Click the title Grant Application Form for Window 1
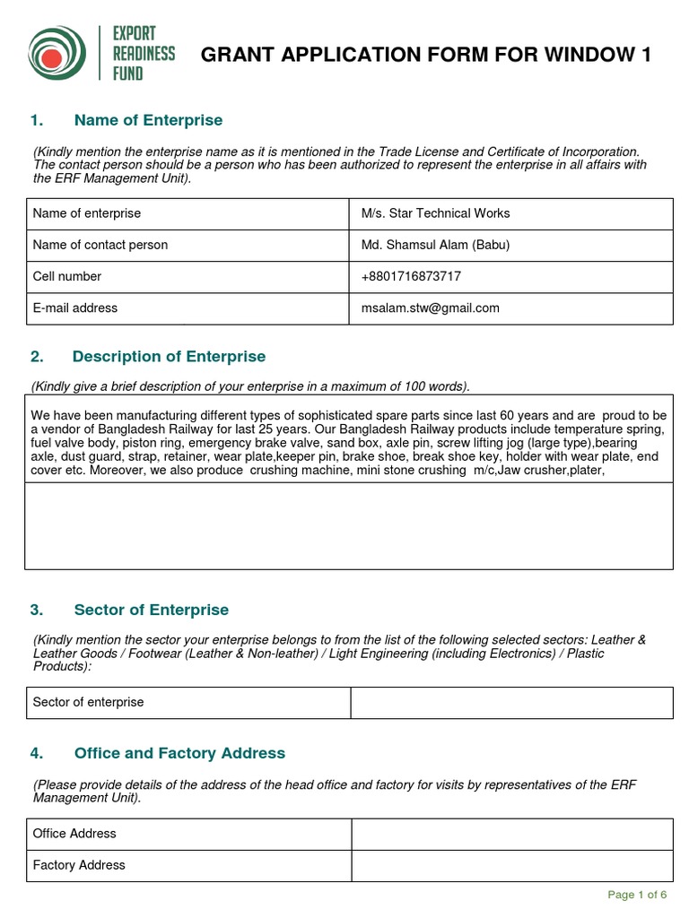[x=425, y=56]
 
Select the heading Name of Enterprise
[x=148, y=120]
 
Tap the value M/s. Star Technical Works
[x=435, y=213]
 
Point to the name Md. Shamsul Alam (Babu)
[x=435, y=245]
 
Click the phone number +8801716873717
[x=411, y=276]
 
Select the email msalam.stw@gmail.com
[x=430, y=307]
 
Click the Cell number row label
[x=67, y=276]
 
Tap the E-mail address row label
[x=75, y=307]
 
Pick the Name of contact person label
[x=100, y=245]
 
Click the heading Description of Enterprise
[x=169, y=357]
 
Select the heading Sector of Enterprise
[x=151, y=610]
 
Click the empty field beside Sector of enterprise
[x=511, y=703]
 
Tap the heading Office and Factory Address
[x=179, y=753]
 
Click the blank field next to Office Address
[x=511, y=834]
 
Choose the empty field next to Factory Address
[x=511, y=865]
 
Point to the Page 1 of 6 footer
[x=637, y=895]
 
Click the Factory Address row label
[x=79, y=865]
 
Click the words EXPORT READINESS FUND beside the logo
[x=143, y=54]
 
